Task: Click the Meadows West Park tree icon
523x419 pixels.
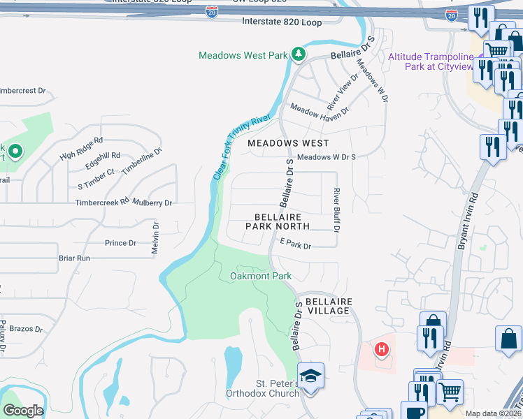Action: coord(299,54)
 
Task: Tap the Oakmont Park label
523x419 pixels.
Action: coord(261,277)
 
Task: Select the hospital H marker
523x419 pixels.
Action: coord(381,348)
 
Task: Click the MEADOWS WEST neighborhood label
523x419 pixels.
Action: coord(288,142)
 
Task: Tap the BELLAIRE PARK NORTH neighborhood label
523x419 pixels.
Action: coord(278,221)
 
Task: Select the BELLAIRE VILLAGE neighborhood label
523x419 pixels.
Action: coord(328,306)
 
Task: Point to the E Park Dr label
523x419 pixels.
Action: coord(295,245)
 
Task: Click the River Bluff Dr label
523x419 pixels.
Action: coord(336,210)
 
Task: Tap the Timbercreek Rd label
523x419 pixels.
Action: coord(103,203)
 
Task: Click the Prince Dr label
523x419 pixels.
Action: coord(120,243)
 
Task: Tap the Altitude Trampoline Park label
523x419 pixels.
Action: coord(430,61)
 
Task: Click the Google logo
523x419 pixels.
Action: coord(22,411)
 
